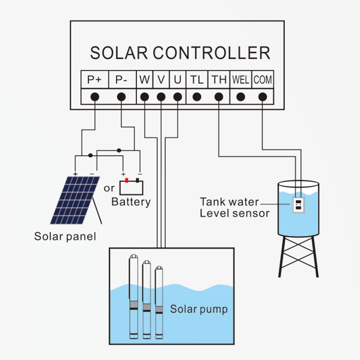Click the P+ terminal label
95,80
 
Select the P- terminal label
121,80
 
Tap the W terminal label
144,80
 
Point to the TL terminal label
196,80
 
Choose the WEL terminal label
240,80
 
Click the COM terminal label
263,80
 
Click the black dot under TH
219,97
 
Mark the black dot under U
178,97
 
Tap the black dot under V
161,97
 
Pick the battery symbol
132,186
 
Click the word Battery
131,202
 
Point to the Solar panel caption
65,236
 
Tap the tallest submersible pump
133,298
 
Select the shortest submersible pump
158,302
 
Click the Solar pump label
199,309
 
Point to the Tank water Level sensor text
235,207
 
